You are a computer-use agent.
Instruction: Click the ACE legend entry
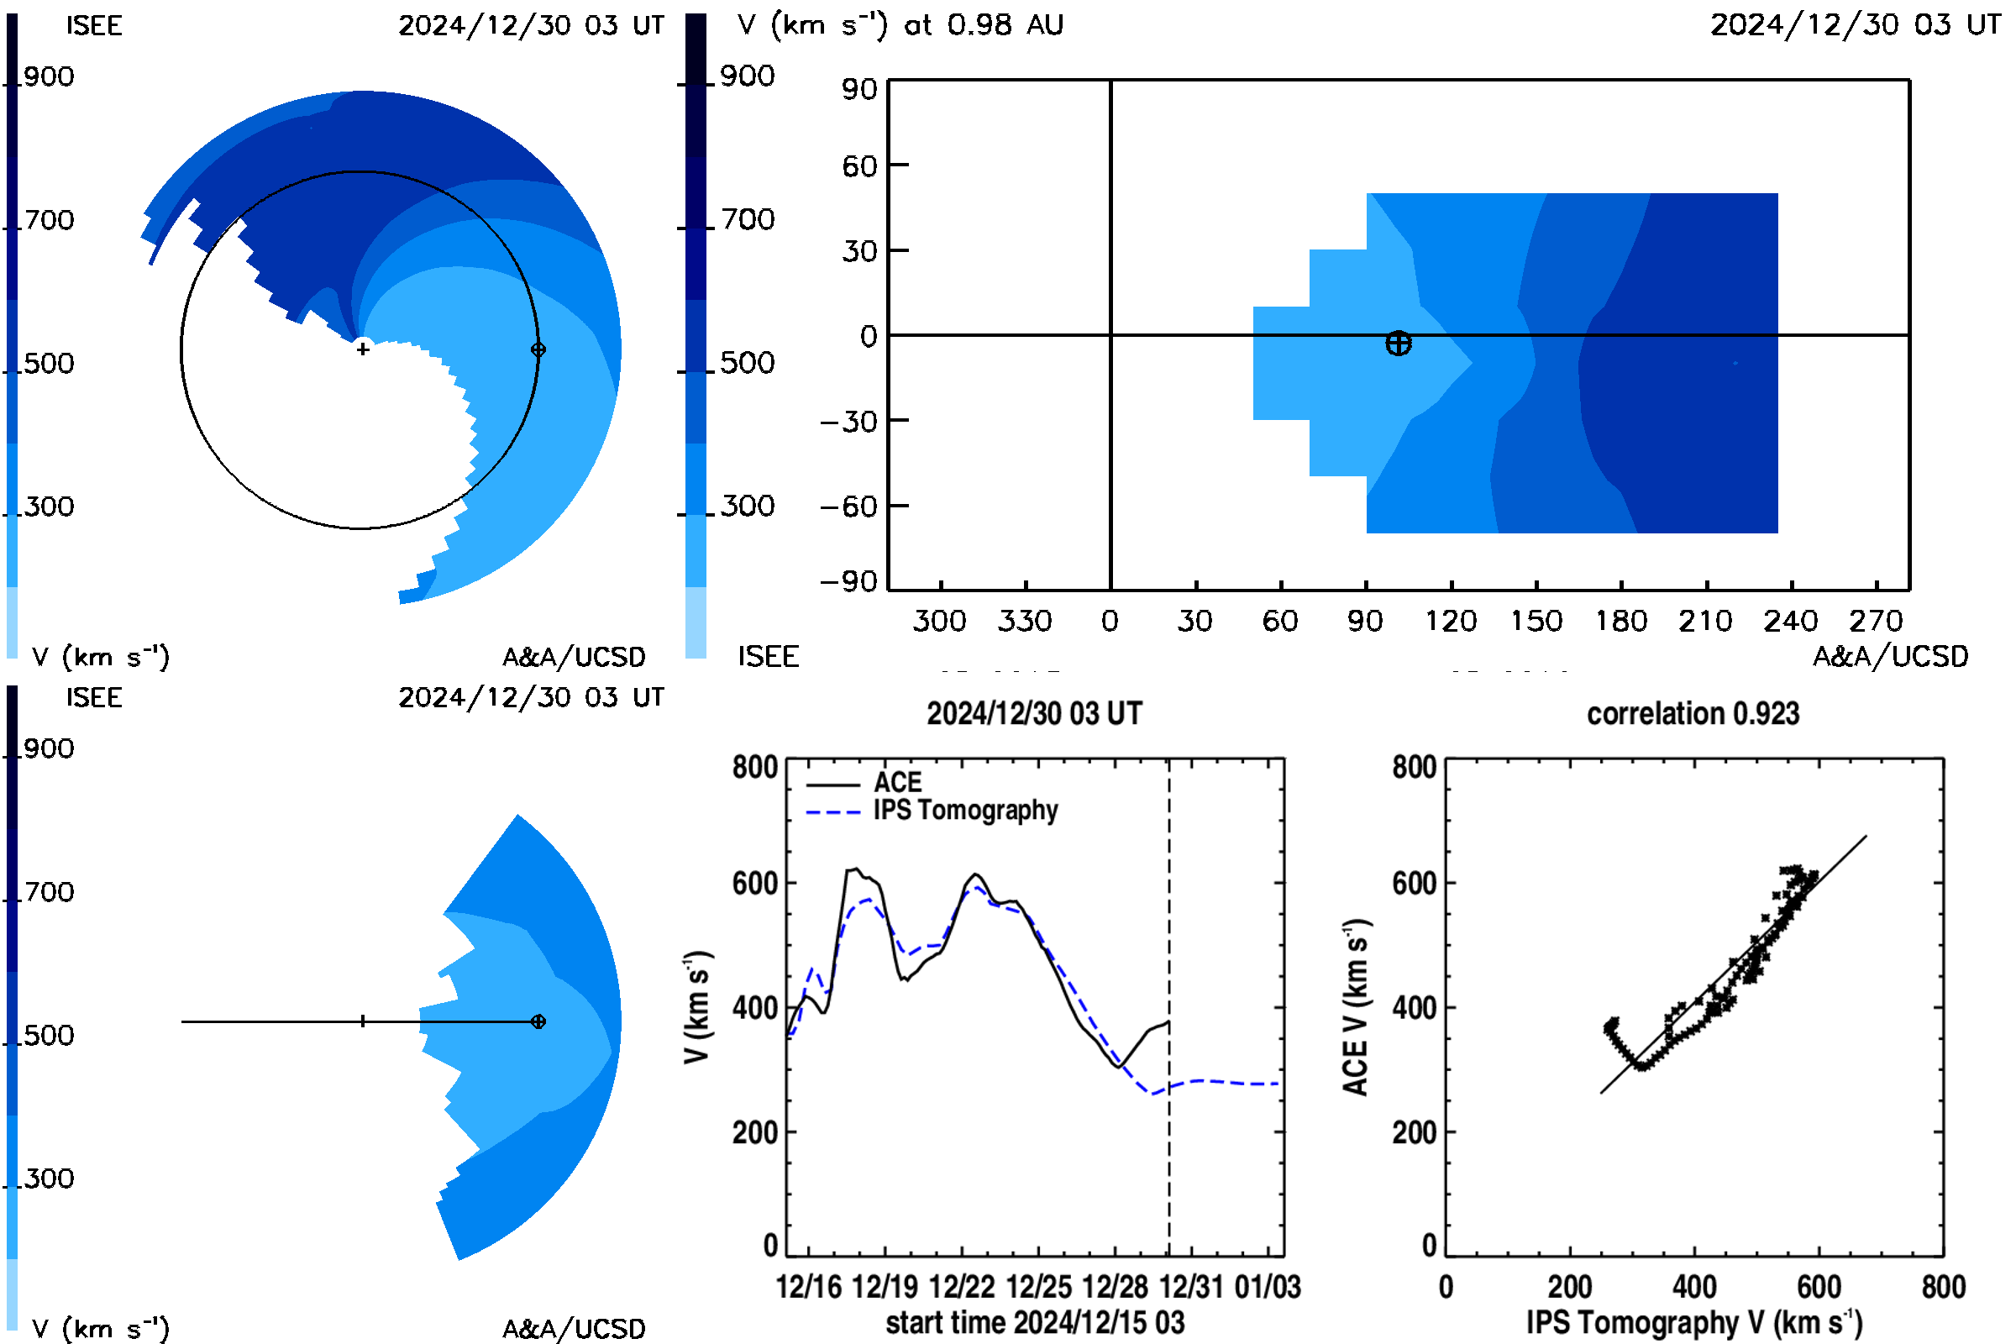[864, 783]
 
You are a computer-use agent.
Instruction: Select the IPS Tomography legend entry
[932, 811]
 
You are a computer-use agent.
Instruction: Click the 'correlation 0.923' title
[1693, 714]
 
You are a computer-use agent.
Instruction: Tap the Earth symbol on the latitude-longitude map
[1398, 344]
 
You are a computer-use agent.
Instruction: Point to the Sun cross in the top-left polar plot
[363, 349]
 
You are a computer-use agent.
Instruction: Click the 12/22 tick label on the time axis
[962, 1288]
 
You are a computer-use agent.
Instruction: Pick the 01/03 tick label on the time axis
[1268, 1288]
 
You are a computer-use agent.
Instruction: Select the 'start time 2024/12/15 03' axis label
[1036, 1322]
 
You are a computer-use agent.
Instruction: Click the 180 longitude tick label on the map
[1621, 621]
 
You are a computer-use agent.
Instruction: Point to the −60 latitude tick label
[848, 507]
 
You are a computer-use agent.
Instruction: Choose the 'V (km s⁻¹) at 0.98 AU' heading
[900, 25]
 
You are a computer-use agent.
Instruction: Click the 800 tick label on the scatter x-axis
[1943, 1288]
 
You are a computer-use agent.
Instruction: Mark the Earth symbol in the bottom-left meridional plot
[538, 1021]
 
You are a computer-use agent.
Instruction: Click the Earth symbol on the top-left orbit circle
[538, 349]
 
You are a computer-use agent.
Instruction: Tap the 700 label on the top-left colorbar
[49, 220]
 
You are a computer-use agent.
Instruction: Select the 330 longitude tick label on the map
[1025, 621]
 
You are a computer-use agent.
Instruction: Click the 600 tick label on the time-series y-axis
[755, 884]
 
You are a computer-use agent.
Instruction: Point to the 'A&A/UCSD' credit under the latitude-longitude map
[1891, 657]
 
